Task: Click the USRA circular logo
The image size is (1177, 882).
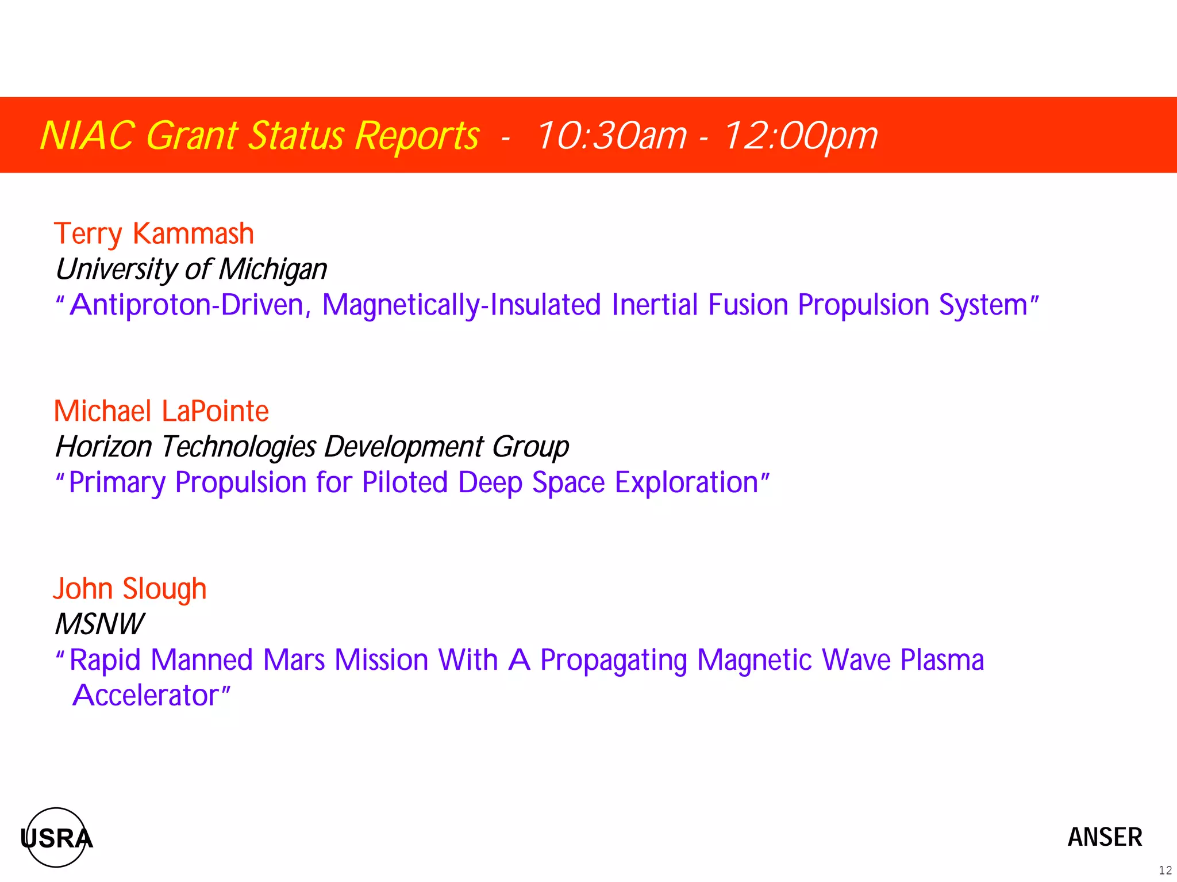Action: (x=56, y=837)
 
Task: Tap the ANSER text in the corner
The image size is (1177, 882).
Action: (x=1105, y=837)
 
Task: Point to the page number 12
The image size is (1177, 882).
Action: (x=1165, y=870)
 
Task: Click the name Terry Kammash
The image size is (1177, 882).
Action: (x=153, y=234)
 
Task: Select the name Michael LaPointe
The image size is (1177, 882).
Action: (x=161, y=411)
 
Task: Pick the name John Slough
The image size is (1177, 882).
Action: (x=130, y=589)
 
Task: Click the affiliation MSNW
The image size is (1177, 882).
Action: (x=99, y=624)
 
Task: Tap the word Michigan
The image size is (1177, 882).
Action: (x=273, y=270)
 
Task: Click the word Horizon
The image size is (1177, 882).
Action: (x=103, y=447)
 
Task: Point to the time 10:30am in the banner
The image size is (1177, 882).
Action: (x=611, y=136)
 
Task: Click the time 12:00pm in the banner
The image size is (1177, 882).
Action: (x=800, y=136)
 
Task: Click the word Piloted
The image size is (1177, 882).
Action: (x=405, y=482)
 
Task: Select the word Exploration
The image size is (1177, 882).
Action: (x=686, y=482)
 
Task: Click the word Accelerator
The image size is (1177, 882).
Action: (x=145, y=696)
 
